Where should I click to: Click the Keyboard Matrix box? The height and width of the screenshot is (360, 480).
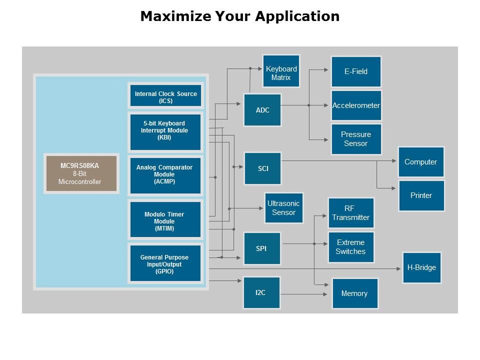tap(281, 73)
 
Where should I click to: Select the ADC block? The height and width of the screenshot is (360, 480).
tap(262, 110)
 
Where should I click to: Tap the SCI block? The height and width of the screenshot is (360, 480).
tap(262, 168)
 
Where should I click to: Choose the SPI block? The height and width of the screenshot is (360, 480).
tap(261, 248)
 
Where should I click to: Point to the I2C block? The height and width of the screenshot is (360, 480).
tap(261, 292)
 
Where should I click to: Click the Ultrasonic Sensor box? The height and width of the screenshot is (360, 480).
tap(284, 208)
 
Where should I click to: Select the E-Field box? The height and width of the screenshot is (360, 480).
tap(356, 71)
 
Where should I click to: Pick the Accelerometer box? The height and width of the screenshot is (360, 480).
tap(356, 105)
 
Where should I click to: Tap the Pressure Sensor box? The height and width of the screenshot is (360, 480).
tap(356, 139)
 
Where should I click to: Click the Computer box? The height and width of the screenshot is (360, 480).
tap(421, 162)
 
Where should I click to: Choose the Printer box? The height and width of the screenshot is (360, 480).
tap(421, 195)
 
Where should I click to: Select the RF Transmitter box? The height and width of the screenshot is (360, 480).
tap(350, 213)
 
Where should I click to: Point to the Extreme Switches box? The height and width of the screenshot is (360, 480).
tap(350, 247)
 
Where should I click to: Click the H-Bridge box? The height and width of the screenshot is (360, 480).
tap(421, 267)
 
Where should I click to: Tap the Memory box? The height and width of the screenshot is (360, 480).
tap(354, 293)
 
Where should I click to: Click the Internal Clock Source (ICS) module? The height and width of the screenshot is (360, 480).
tap(165, 97)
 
